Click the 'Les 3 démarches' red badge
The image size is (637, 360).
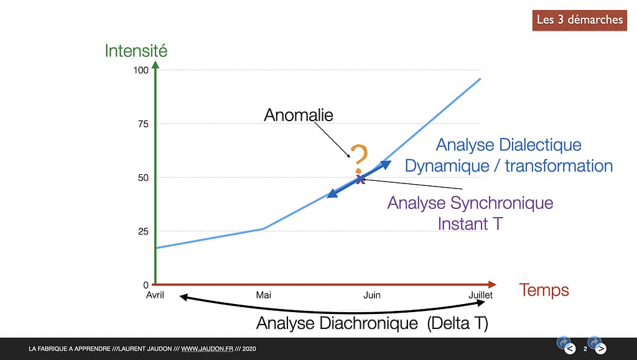pyautogui.click(x=579, y=20)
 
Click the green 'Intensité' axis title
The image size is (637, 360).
pyautogui.click(x=136, y=51)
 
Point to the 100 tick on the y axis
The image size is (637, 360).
pyautogui.click(x=141, y=70)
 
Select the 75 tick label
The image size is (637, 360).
pyautogui.click(x=143, y=124)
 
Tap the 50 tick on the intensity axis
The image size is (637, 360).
pyautogui.click(x=143, y=178)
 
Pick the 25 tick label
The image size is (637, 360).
pyautogui.click(x=143, y=231)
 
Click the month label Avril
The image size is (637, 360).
pyautogui.click(x=155, y=295)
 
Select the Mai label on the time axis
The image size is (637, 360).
pyautogui.click(x=263, y=295)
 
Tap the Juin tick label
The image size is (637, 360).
pyautogui.click(x=372, y=295)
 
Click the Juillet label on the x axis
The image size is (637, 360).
pyautogui.click(x=480, y=295)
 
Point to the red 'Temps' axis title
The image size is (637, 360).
pyautogui.click(x=544, y=290)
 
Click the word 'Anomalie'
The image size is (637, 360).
pyautogui.click(x=299, y=115)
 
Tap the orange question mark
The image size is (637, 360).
pyautogui.click(x=359, y=159)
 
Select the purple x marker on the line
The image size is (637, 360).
pyautogui.click(x=360, y=180)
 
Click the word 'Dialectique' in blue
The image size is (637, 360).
pyautogui.click(x=540, y=145)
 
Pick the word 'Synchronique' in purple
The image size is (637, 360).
pyautogui.click(x=502, y=203)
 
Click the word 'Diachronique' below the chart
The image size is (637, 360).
pyautogui.click(x=368, y=323)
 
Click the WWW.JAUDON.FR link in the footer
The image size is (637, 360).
pyautogui.click(x=207, y=349)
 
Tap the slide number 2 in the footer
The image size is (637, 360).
pyautogui.click(x=585, y=349)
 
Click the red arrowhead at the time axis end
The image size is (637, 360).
pyautogui.click(x=493, y=285)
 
